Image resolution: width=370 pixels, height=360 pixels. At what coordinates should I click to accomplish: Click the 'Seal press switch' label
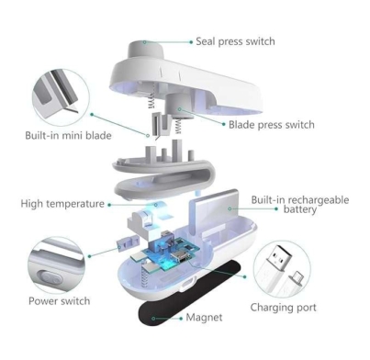pos(235,41)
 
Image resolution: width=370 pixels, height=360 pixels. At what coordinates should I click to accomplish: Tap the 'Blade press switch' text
pos(272,125)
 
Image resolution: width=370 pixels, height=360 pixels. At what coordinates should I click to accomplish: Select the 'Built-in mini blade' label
pos(68,135)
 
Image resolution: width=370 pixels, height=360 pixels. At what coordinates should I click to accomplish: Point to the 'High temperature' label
pos(62,204)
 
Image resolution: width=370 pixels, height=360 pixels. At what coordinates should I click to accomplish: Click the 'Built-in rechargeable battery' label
pos(300,205)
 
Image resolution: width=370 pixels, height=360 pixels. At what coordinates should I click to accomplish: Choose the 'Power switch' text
pos(60,301)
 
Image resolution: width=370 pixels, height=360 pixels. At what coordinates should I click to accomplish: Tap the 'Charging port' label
pos(283,308)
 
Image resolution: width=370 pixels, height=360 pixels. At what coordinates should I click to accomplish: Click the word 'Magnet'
pos(204,317)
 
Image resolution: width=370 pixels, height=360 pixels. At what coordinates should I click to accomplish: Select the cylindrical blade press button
pos(179,107)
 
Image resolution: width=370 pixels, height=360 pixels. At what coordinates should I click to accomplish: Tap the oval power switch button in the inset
pos(50,278)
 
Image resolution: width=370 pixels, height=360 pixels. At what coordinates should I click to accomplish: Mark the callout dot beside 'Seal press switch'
pos(191,42)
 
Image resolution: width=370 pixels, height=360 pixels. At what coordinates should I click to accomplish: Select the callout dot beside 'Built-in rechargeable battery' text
pos(276,208)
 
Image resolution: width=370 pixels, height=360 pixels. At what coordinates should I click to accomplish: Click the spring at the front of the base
pos(145,277)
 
